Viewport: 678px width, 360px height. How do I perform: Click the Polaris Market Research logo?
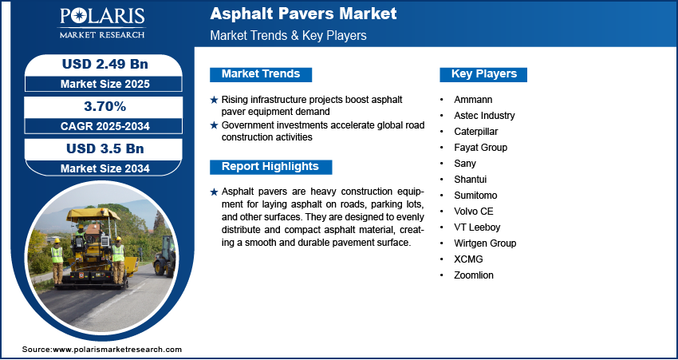coord(102,23)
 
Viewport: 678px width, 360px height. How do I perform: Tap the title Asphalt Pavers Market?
coord(303,14)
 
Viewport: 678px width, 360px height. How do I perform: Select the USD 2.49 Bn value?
coord(105,64)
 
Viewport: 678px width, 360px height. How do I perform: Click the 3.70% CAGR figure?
coord(104,106)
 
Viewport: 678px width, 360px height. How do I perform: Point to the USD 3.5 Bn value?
coord(105,148)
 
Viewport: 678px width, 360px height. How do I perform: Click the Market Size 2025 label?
coord(105,84)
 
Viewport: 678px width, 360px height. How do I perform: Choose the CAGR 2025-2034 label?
coord(105,126)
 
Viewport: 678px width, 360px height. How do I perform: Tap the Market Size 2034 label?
coord(105,168)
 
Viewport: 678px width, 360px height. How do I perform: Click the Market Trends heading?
coord(261,74)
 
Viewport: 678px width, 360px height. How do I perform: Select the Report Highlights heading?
coord(270,167)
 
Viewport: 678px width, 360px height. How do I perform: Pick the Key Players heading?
coord(484,74)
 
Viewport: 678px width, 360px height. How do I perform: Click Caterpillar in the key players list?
coord(475,132)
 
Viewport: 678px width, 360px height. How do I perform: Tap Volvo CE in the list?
coord(474,212)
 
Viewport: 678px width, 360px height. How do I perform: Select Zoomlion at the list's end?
coord(474,275)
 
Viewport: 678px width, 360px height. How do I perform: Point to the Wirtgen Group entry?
coord(485,243)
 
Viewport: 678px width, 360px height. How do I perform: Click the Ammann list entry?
coord(473,100)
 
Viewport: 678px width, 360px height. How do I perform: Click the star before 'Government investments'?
coord(214,125)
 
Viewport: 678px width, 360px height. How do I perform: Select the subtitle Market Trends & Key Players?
coord(288,35)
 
